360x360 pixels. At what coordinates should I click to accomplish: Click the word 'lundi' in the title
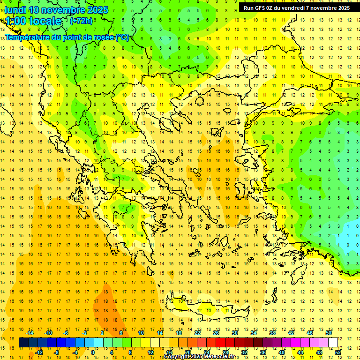click(x=15, y=10)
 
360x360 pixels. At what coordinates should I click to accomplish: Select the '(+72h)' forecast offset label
click(x=81, y=21)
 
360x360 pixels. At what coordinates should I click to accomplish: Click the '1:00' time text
click(x=16, y=21)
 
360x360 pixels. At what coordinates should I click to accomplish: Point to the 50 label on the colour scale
click(x=328, y=333)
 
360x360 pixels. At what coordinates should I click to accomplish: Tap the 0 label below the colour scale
click(x=93, y=352)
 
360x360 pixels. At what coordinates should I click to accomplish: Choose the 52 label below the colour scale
click(x=337, y=352)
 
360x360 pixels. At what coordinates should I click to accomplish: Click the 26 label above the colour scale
click(x=216, y=333)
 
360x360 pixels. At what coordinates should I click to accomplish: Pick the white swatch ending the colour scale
click(x=333, y=343)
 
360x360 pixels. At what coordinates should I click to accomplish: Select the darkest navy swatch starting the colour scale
click(x=23, y=343)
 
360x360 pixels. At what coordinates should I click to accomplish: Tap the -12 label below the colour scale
click(x=39, y=352)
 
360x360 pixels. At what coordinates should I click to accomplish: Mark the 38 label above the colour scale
click(x=272, y=333)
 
